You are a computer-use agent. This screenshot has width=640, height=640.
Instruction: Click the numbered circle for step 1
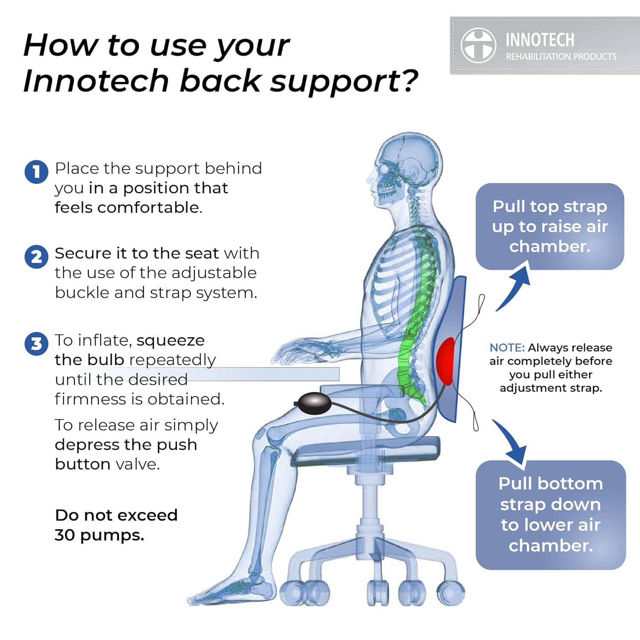36,172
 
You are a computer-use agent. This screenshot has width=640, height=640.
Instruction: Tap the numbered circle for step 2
36,257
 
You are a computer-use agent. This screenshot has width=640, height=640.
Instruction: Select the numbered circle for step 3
36,344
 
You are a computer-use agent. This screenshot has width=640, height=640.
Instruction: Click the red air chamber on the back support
445,361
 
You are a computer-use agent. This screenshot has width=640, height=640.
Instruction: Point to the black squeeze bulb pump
314,403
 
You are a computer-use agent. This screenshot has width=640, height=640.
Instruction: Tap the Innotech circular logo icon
478,46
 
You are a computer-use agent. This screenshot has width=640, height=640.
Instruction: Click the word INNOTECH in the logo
540,40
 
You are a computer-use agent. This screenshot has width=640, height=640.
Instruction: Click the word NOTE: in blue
506,348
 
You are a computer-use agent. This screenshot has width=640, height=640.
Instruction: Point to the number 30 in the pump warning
65,535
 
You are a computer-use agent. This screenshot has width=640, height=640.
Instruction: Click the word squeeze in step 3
170,340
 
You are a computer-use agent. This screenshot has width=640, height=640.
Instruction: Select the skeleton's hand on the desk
299,352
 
